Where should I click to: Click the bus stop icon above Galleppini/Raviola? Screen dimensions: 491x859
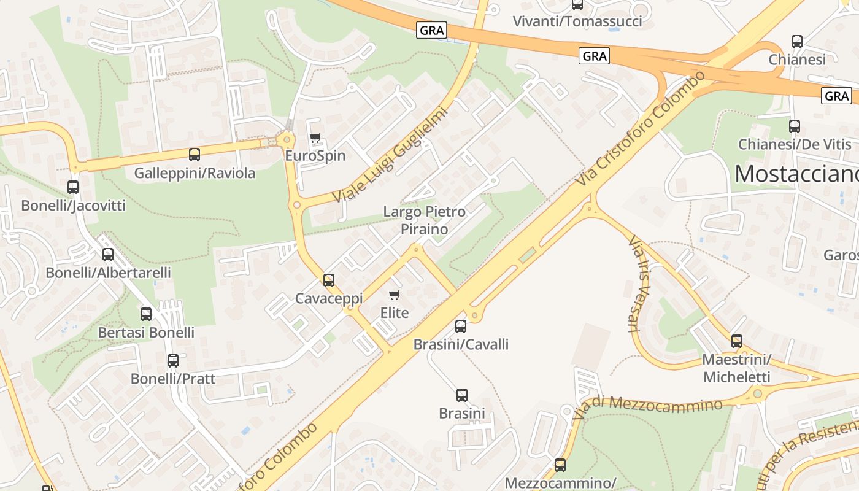point(195,155)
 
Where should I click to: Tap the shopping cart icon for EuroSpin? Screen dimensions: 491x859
point(315,137)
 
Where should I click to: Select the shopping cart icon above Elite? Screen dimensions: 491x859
point(395,295)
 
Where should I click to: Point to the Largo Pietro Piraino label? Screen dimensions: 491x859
point(425,220)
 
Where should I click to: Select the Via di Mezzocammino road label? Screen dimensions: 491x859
point(647,408)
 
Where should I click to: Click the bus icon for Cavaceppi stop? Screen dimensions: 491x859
point(329,280)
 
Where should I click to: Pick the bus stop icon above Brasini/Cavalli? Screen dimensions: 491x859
point(461,327)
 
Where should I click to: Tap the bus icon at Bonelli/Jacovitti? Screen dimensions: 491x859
point(73,187)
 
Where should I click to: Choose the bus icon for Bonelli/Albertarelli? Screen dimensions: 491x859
point(108,254)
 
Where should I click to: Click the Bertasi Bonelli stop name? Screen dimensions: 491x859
point(146,333)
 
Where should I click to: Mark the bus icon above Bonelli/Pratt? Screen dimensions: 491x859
point(173,361)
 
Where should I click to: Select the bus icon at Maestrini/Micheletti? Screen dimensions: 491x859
point(737,341)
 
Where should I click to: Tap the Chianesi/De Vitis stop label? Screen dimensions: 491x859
point(795,144)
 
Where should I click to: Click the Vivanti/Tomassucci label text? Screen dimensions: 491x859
point(577,21)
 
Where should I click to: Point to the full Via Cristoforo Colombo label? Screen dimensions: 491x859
point(641,130)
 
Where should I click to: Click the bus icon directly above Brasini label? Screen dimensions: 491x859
point(462,395)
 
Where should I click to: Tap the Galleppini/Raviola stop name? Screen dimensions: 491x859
point(195,173)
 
